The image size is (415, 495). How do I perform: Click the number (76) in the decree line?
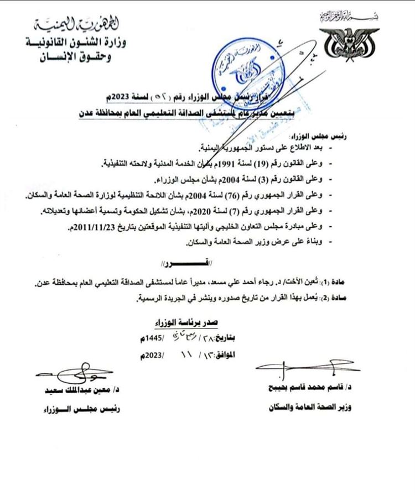click(278, 195)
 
